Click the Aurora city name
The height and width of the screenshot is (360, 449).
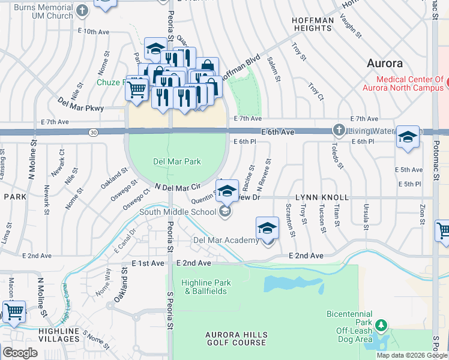pos(384,63)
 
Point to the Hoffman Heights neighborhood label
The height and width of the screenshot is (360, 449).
pos(312,25)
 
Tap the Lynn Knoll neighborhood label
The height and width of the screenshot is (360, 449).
pos(322,197)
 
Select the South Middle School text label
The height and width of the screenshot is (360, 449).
pos(178,211)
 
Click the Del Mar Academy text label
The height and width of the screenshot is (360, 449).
pos(225,241)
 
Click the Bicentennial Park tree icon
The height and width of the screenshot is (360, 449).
pos(381,325)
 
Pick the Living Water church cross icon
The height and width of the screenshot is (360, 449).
pos(339,130)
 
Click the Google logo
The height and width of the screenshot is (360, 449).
pos(20,353)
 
